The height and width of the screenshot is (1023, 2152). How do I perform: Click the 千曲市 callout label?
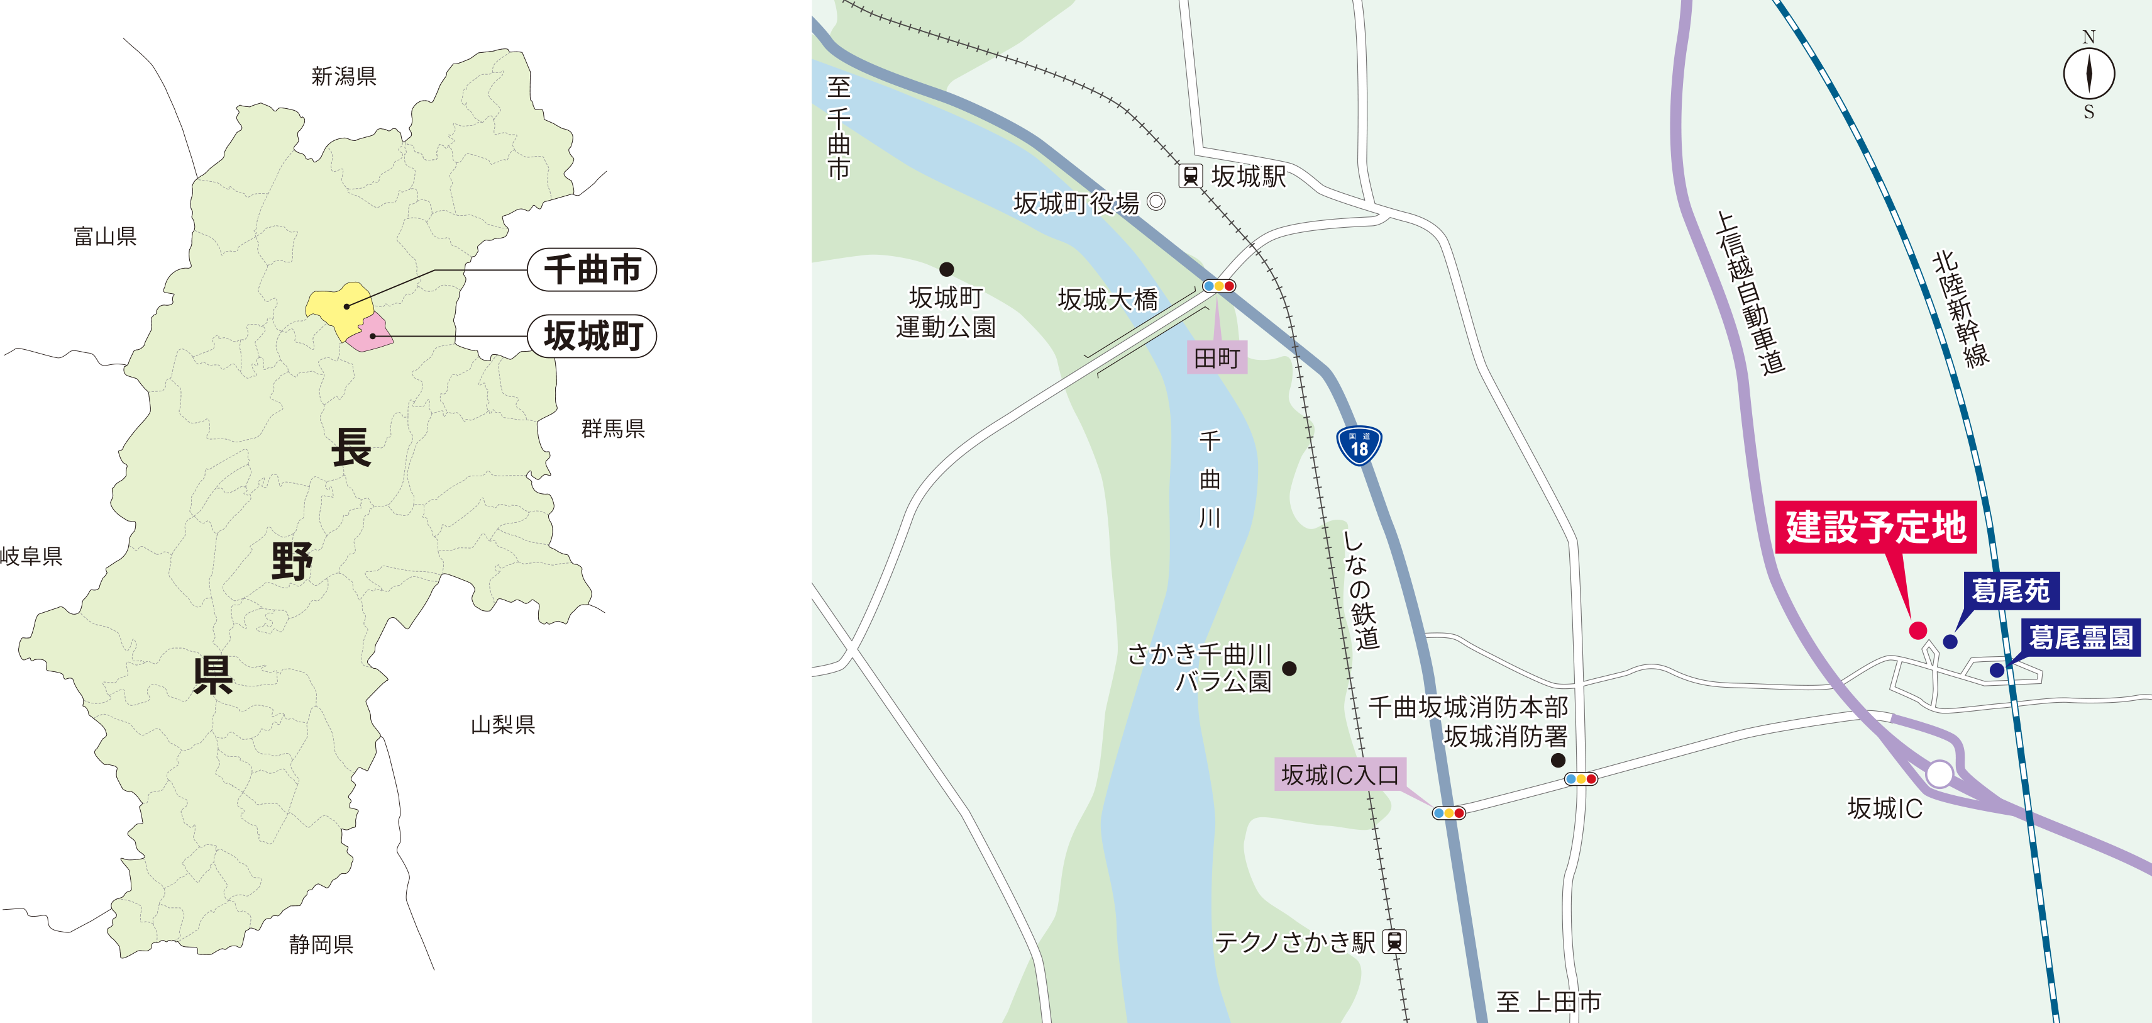592,270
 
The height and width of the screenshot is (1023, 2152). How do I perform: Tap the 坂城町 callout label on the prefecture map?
592,336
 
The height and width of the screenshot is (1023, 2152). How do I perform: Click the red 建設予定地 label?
1875,527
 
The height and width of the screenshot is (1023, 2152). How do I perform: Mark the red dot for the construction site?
1918,630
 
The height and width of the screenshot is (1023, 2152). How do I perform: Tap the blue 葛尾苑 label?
2010,591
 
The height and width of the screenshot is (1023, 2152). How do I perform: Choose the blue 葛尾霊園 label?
2080,638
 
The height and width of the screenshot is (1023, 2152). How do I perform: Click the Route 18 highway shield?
1359,445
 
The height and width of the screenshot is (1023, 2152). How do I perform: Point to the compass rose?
2089,74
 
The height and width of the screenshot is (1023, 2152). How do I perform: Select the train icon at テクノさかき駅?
1394,942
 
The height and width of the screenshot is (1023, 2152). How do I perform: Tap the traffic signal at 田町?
1219,286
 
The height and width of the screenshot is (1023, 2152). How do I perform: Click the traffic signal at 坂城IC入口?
1448,812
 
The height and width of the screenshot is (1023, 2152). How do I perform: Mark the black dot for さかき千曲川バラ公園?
1289,668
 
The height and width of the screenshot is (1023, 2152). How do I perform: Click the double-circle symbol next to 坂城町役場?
1156,201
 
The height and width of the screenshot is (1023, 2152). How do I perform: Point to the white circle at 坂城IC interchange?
1939,774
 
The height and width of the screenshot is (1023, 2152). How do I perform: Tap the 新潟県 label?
343,77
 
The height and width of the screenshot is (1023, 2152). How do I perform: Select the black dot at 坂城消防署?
1558,760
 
